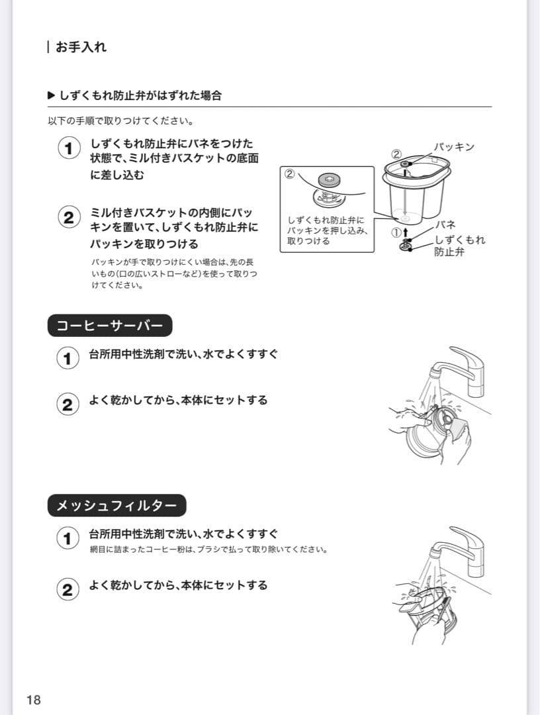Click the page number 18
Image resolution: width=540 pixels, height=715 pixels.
pyautogui.click(x=34, y=700)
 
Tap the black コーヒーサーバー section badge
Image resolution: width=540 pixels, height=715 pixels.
pyautogui.click(x=110, y=326)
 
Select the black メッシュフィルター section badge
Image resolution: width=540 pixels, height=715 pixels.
pyautogui.click(x=116, y=506)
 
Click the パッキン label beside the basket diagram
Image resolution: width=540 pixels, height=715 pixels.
pyautogui.click(x=454, y=147)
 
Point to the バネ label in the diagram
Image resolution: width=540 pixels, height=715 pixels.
pyautogui.click(x=445, y=225)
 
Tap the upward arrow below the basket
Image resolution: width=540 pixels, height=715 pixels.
pyautogui.click(x=406, y=232)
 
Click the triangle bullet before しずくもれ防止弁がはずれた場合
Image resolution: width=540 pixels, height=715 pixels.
pyautogui.click(x=52, y=95)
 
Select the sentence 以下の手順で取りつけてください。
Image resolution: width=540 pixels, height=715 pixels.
pyautogui.click(x=120, y=122)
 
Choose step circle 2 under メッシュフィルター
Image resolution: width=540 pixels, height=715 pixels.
pyautogui.click(x=67, y=589)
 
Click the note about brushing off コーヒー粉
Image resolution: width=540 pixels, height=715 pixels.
pyautogui.click(x=208, y=549)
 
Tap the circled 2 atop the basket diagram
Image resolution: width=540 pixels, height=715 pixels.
pyautogui.click(x=396, y=154)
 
